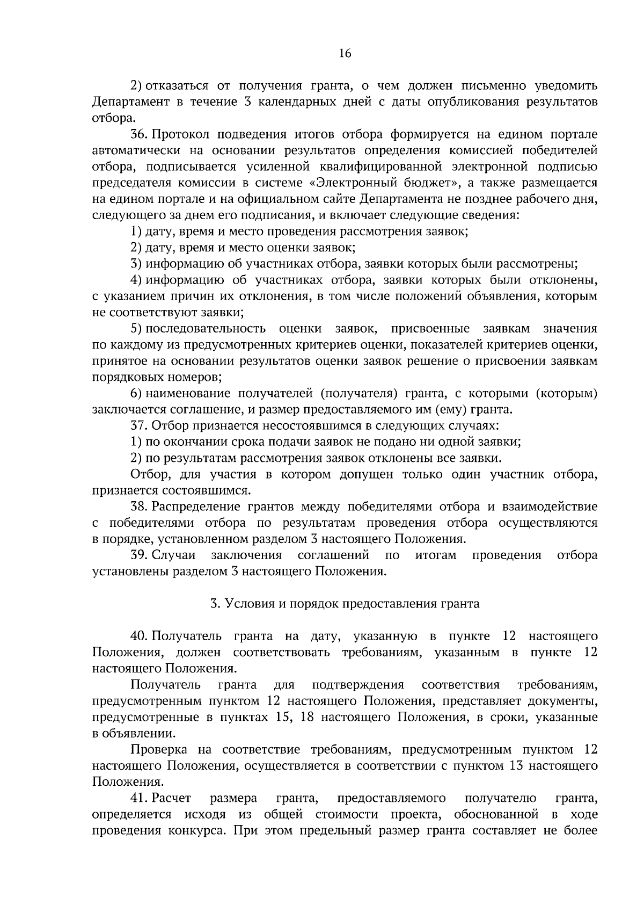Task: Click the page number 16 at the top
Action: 345,53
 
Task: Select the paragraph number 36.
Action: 139,134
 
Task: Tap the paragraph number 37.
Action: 139,426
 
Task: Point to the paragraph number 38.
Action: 139,506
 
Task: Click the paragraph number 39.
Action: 139,555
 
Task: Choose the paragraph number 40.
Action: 139,636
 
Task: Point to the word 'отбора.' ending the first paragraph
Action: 111,118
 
